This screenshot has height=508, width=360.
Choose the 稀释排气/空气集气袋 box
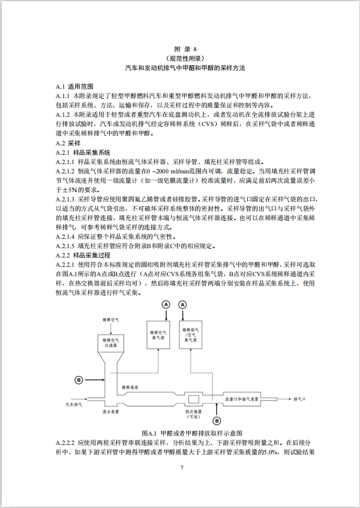195,335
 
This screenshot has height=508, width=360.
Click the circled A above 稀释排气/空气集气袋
182,305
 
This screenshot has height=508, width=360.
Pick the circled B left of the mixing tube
80,380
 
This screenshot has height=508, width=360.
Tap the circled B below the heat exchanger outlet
216,420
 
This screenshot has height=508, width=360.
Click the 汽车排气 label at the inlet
74,403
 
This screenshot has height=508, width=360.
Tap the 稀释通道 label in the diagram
130,388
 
